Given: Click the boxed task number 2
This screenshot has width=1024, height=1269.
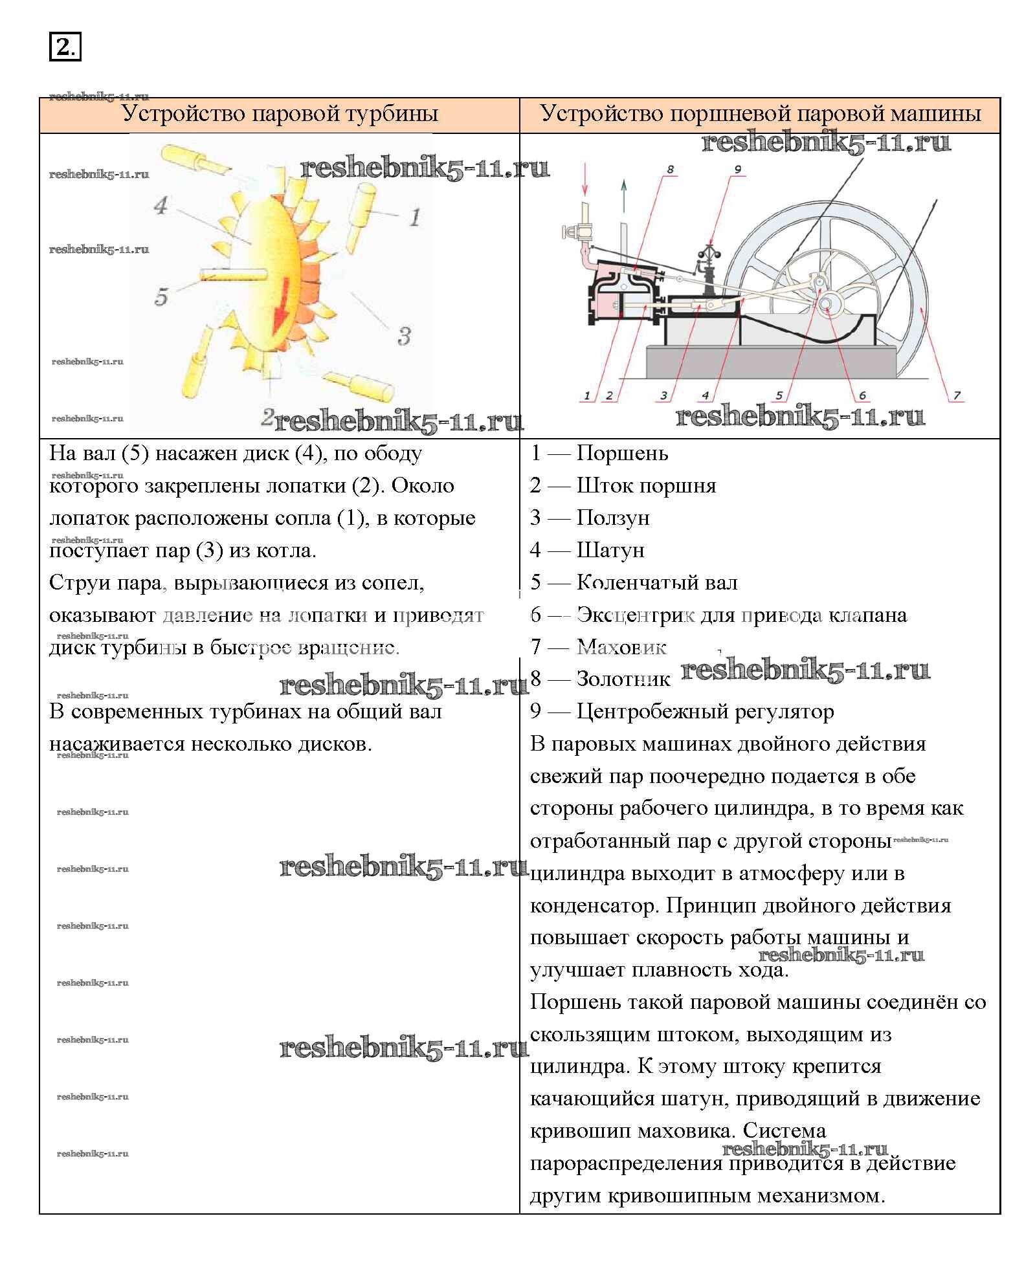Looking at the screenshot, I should (65, 47).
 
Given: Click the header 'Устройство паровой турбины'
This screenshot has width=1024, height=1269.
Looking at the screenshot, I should (280, 114).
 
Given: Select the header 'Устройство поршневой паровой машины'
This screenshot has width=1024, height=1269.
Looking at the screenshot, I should (760, 114).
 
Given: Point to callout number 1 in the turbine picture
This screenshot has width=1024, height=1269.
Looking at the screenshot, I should (415, 216).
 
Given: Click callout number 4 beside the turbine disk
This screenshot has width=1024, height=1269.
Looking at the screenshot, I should (161, 206).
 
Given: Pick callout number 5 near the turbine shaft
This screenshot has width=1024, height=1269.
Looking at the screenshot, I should (161, 297).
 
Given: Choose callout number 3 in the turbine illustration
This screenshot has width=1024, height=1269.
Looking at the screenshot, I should (404, 336).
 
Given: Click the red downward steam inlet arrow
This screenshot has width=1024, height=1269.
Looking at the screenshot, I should (585, 179).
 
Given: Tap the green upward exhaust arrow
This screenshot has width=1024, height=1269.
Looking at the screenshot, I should (624, 195).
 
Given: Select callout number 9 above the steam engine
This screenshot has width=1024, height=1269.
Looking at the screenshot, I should (737, 170).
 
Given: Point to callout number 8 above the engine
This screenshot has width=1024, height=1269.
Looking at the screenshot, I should (670, 170).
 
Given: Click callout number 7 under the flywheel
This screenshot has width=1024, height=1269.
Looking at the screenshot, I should (957, 395).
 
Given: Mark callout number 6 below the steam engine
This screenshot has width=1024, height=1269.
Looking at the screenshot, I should (862, 395).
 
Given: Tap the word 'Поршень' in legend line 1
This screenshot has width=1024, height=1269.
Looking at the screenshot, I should (622, 453).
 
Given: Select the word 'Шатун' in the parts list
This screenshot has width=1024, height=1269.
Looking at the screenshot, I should (610, 550).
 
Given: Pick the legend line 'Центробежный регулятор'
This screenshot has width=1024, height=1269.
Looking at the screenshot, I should (705, 711).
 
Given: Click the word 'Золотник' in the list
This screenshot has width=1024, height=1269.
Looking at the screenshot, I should (623, 679).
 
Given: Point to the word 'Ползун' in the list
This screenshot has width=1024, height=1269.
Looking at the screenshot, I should (613, 518).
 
